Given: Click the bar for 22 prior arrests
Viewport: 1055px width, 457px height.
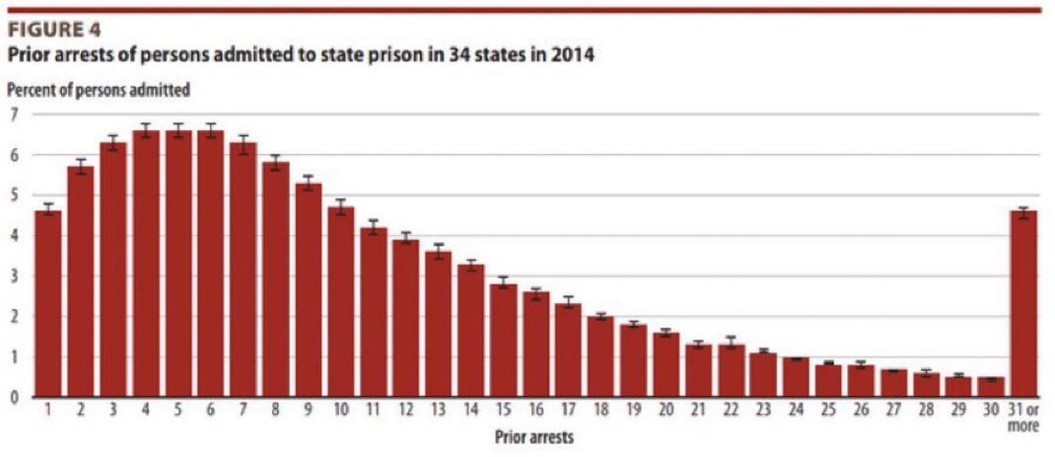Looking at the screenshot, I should tap(731, 371).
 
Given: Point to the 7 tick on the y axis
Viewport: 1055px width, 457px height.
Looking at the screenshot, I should tap(14, 114).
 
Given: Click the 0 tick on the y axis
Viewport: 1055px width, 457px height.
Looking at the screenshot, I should tap(14, 398).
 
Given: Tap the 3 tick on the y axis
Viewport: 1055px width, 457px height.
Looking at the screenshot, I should tap(14, 276).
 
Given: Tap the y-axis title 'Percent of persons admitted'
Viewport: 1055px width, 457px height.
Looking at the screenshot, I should tap(99, 90).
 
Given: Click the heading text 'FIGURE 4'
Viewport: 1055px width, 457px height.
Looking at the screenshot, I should tap(54, 30).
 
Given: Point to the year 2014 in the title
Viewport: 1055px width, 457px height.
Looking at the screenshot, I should tap(572, 56).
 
